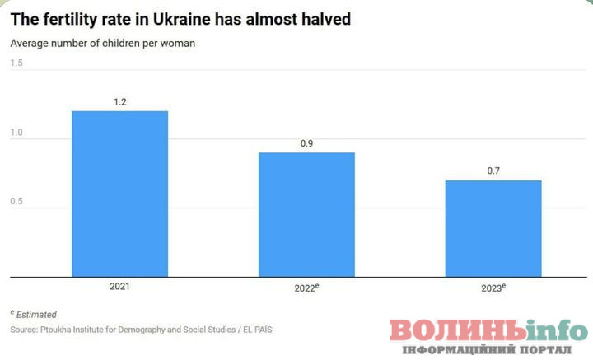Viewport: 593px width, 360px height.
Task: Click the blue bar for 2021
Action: pyautogui.click(x=119, y=194)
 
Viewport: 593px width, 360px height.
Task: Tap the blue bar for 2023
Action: pyautogui.click(x=493, y=228)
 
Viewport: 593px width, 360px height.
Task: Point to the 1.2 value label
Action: pyautogui.click(x=119, y=102)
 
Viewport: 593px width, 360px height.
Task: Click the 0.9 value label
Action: pyautogui.click(x=306, y=143)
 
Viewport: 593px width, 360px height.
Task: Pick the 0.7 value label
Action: pyautogui.click(x=493, y=171)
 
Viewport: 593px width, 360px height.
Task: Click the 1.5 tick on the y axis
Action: pyautogui.click(x=16, y=63)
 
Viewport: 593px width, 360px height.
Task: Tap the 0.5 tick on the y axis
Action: pyautogui.click(x=16, y=202)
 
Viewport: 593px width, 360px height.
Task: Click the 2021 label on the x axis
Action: pyautogui.click(x=119, y=288)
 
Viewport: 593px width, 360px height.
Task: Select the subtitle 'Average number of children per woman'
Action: pyautogui.click(x=103, y=44)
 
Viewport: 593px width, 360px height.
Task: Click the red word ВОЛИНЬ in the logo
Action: pyautogui.click(x=458, y=330)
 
